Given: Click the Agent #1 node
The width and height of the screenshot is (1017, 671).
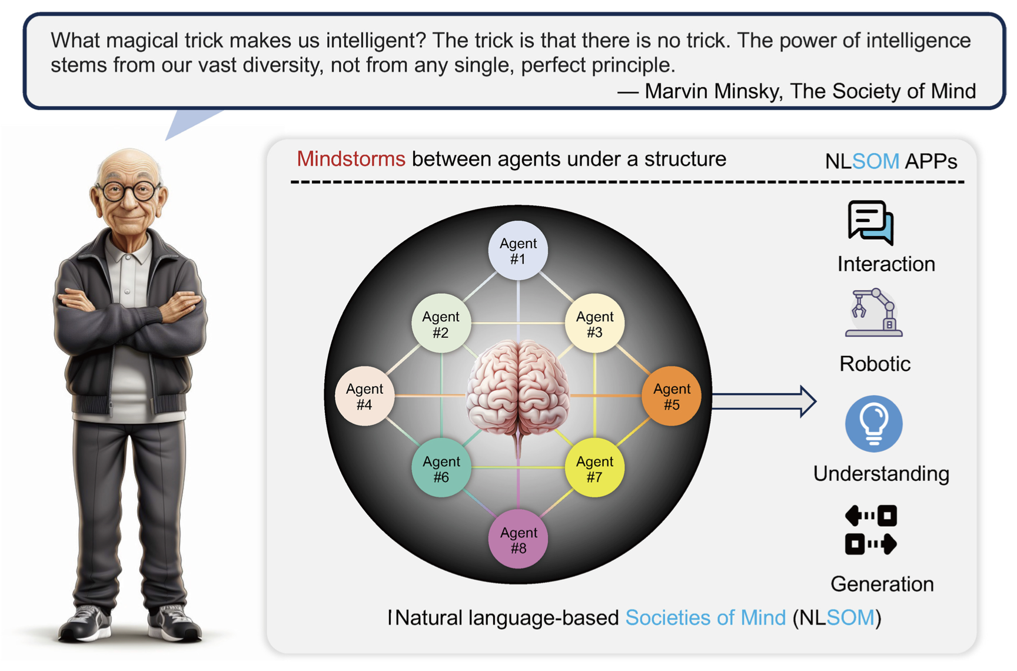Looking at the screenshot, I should tap(518, 251).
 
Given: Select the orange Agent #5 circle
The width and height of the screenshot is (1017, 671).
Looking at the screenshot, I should tap(671, 396).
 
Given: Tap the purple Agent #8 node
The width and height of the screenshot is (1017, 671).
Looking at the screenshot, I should tap(518, 540).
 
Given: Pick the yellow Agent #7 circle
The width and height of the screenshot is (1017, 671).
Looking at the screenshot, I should tap(594, 469).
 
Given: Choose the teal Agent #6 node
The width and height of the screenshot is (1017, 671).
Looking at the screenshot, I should tap(441, 469).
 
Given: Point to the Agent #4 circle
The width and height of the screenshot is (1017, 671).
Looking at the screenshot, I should tap(364, 396).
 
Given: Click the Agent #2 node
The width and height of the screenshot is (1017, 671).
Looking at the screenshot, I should tap(441, 324).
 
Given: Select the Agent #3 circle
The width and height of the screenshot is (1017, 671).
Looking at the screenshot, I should tap(594, 324).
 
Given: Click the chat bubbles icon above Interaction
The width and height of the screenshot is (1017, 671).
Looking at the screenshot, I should tap(871, 222).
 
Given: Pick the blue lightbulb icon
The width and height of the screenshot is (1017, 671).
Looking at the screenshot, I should tap(873, 424).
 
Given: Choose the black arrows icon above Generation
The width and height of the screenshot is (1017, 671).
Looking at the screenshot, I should tap(871, 530).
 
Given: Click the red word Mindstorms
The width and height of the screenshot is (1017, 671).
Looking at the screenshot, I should tap(351, 159).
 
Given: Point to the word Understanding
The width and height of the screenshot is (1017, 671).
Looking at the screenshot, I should tap(881, 474).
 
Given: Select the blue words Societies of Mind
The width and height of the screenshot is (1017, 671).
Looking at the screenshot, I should tap(705, 617).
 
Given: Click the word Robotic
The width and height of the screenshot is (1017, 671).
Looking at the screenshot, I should tap(875, 364).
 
